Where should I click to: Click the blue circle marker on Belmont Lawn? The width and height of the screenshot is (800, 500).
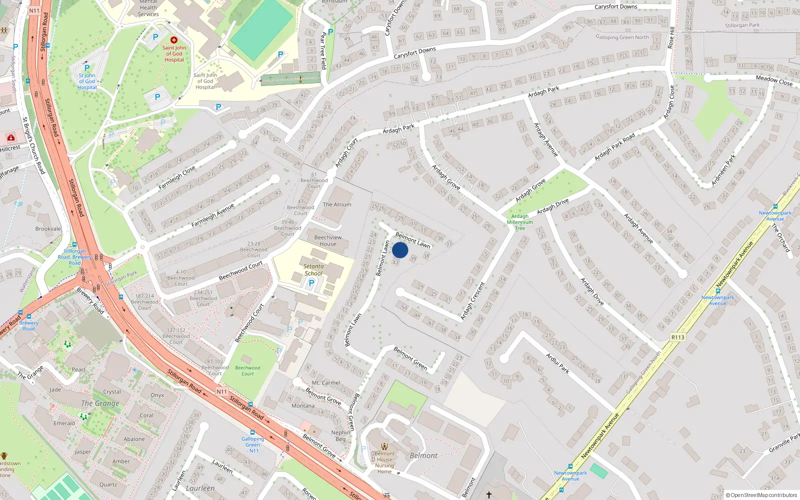pos(400,250)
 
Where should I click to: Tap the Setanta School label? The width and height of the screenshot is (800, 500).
pos(313,270)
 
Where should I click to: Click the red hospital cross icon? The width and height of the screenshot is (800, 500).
pos(174,40)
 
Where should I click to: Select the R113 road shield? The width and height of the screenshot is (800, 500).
pos(677,337)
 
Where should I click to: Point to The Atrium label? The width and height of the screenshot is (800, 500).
pos(337,204)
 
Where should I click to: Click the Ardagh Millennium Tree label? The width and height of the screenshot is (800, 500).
pos(520,222)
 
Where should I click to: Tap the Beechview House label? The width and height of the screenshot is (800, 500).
pos(328,240)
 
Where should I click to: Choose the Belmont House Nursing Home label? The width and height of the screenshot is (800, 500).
pos(384,462)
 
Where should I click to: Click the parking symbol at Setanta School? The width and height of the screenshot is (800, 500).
pos(311,283)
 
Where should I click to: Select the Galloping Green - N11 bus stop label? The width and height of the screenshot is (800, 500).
pos(252,444)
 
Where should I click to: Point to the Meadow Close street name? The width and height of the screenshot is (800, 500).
pos(774,80)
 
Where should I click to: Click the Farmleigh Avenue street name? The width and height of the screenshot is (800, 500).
pos(212,215)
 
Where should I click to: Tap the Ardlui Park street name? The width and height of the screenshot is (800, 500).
pos(557,363)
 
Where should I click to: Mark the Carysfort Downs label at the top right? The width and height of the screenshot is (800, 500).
pos(615,7)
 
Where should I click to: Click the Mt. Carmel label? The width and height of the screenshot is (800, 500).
pos(326,383)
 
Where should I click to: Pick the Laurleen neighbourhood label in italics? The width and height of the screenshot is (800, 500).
pos(200,488)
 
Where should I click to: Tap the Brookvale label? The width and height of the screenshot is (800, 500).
pos(48,229)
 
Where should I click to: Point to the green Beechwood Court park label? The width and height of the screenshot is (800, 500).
pos(247,370)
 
